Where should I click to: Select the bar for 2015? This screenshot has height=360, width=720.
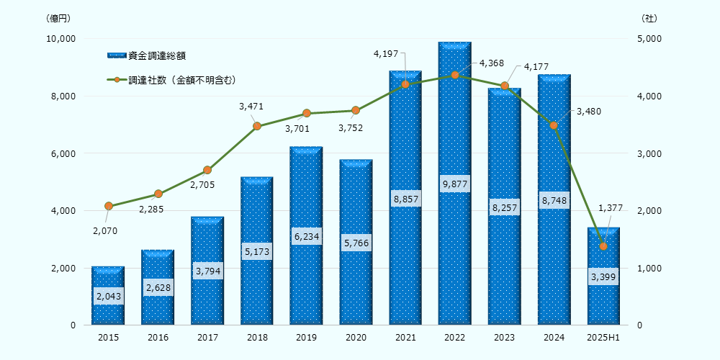[108, 310]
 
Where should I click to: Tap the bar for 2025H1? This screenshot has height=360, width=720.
[603, 302]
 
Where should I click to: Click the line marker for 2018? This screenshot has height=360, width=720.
[257, 126]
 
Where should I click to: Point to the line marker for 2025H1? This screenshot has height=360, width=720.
[603, 246]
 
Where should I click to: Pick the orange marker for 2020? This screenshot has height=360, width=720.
[356, 110]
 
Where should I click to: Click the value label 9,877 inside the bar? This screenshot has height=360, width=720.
[454, 184]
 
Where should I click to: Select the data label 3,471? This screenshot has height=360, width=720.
[251, 107]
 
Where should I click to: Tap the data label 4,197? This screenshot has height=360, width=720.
[384, 53]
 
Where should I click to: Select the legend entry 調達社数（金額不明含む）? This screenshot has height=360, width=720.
[182, 80]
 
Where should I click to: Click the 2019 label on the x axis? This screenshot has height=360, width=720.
[306, 337]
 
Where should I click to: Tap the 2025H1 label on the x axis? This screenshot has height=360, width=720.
[603, 337]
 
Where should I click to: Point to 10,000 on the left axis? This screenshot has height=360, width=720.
[61, 39]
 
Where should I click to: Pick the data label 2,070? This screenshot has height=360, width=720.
[105, 231]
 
